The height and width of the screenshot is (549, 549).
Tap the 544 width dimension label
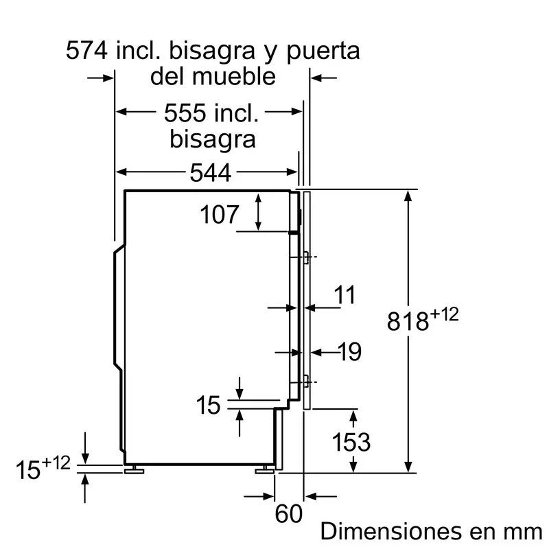(x=210, y=173)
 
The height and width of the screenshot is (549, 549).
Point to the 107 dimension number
(x=220, y=215)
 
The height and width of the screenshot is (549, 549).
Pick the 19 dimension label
(x=349, y=352)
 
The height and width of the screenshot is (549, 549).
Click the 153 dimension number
(x=351, y=443)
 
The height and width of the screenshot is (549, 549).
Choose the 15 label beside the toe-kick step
(x=209, y=406)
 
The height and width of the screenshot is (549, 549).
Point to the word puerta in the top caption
(x=322, y=51)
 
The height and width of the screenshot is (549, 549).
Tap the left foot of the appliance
(x=132, y=470)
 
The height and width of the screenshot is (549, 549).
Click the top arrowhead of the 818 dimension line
(x=409, y=195)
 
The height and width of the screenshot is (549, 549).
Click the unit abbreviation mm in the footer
(x=523, y=532)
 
